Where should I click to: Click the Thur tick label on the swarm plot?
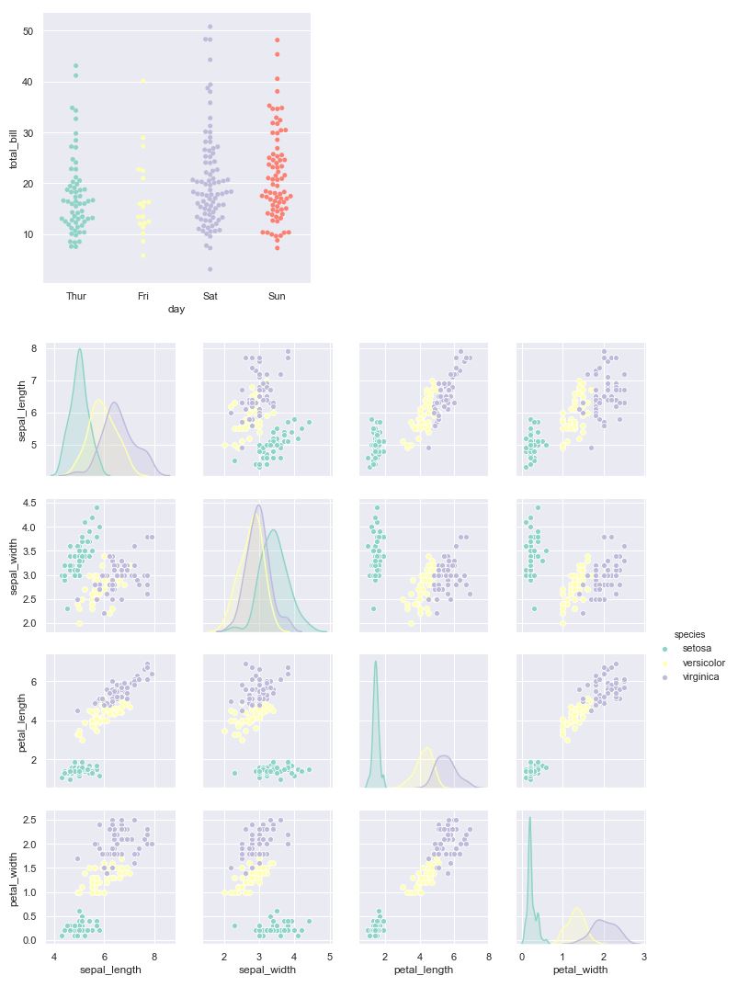76,296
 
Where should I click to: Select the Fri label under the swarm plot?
143,296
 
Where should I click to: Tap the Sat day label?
210,296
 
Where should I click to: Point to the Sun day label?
277,296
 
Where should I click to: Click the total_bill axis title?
14,148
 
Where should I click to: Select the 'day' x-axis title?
176,310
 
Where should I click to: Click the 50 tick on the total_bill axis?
28,31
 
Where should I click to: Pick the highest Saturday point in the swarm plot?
210,27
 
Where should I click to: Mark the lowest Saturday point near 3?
210,269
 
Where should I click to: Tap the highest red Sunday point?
277,40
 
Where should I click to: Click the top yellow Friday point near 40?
143,82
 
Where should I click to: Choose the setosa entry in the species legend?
698,648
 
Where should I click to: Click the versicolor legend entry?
703,663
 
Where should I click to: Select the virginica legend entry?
700,677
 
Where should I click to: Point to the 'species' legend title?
689,634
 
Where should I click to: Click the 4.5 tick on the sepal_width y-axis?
29,504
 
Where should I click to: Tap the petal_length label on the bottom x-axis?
424,970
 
